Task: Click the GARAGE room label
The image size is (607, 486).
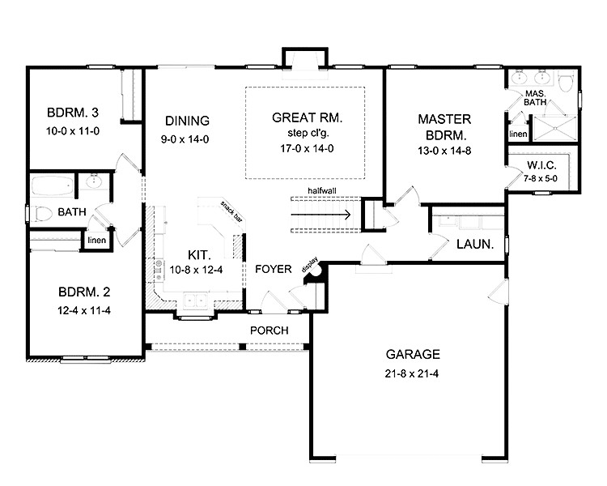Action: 413,354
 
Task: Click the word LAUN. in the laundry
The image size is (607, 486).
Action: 475,243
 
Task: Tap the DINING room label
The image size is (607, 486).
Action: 188,121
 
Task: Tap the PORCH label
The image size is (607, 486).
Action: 269,330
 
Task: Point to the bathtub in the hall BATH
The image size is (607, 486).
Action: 52,188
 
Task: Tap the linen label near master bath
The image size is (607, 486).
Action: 518,134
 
